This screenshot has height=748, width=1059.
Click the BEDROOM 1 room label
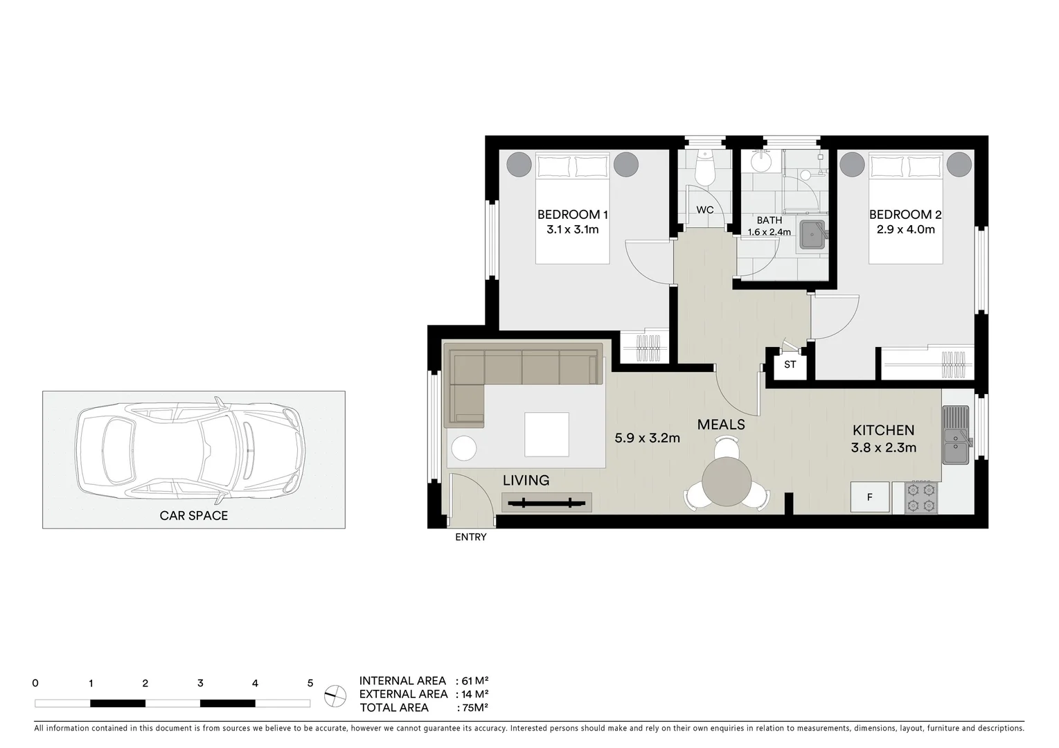[x=572, y=215]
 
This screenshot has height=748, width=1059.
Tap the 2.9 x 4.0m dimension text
[x=905, y=229]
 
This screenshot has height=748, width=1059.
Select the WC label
[x=704, y=211]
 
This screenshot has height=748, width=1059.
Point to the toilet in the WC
[x=704, y=169]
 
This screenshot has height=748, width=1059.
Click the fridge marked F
[x=870, y=497]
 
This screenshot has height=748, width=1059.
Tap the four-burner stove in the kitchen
[x=915, y=498]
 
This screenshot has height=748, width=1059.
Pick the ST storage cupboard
[x=790, y=364]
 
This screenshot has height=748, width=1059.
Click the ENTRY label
[x=470, y=537]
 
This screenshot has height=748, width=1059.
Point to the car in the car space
[x=190, y=450]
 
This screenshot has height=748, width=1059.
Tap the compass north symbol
[x=335, y=694]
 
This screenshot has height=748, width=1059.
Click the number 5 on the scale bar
[x=310, y=684]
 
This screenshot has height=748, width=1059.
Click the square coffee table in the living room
[x=546, y=434]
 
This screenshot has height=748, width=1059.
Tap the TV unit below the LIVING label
[x=546, y=502]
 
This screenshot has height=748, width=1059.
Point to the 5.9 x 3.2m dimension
[x=647, y=438]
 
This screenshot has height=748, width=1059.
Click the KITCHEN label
[x=883, y=431]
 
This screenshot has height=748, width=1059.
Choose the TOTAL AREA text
[x=394, y=708]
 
